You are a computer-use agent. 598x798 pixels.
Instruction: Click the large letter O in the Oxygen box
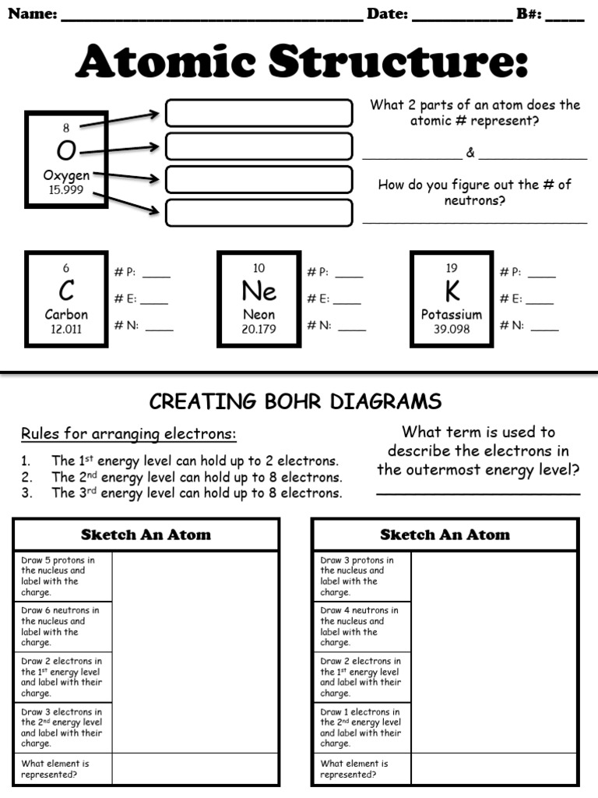66,150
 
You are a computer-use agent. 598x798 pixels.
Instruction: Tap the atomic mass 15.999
66,190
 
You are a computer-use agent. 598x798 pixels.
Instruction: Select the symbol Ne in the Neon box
259,291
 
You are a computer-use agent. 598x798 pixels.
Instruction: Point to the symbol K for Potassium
452,291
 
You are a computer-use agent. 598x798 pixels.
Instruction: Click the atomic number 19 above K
452,268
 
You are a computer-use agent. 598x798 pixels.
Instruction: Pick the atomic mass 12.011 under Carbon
66,329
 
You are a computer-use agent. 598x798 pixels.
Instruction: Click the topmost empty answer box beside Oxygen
259,113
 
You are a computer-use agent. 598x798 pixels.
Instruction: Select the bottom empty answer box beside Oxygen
259,213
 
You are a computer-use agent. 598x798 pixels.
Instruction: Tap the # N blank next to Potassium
544,327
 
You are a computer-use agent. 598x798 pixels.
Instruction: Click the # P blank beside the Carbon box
156,274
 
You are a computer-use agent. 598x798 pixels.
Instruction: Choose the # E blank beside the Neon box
347,301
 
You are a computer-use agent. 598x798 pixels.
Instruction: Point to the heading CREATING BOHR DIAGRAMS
295,401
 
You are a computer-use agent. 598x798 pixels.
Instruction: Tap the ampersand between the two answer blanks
470,153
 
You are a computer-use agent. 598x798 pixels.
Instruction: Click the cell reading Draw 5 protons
62,576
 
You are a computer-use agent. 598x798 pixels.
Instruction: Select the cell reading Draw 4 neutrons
361,627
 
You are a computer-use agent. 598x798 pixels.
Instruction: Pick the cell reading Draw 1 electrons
361,727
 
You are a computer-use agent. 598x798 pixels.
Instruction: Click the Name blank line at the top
212,16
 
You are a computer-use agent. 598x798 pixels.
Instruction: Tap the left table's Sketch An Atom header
146,535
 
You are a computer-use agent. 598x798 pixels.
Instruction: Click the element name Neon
259,315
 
